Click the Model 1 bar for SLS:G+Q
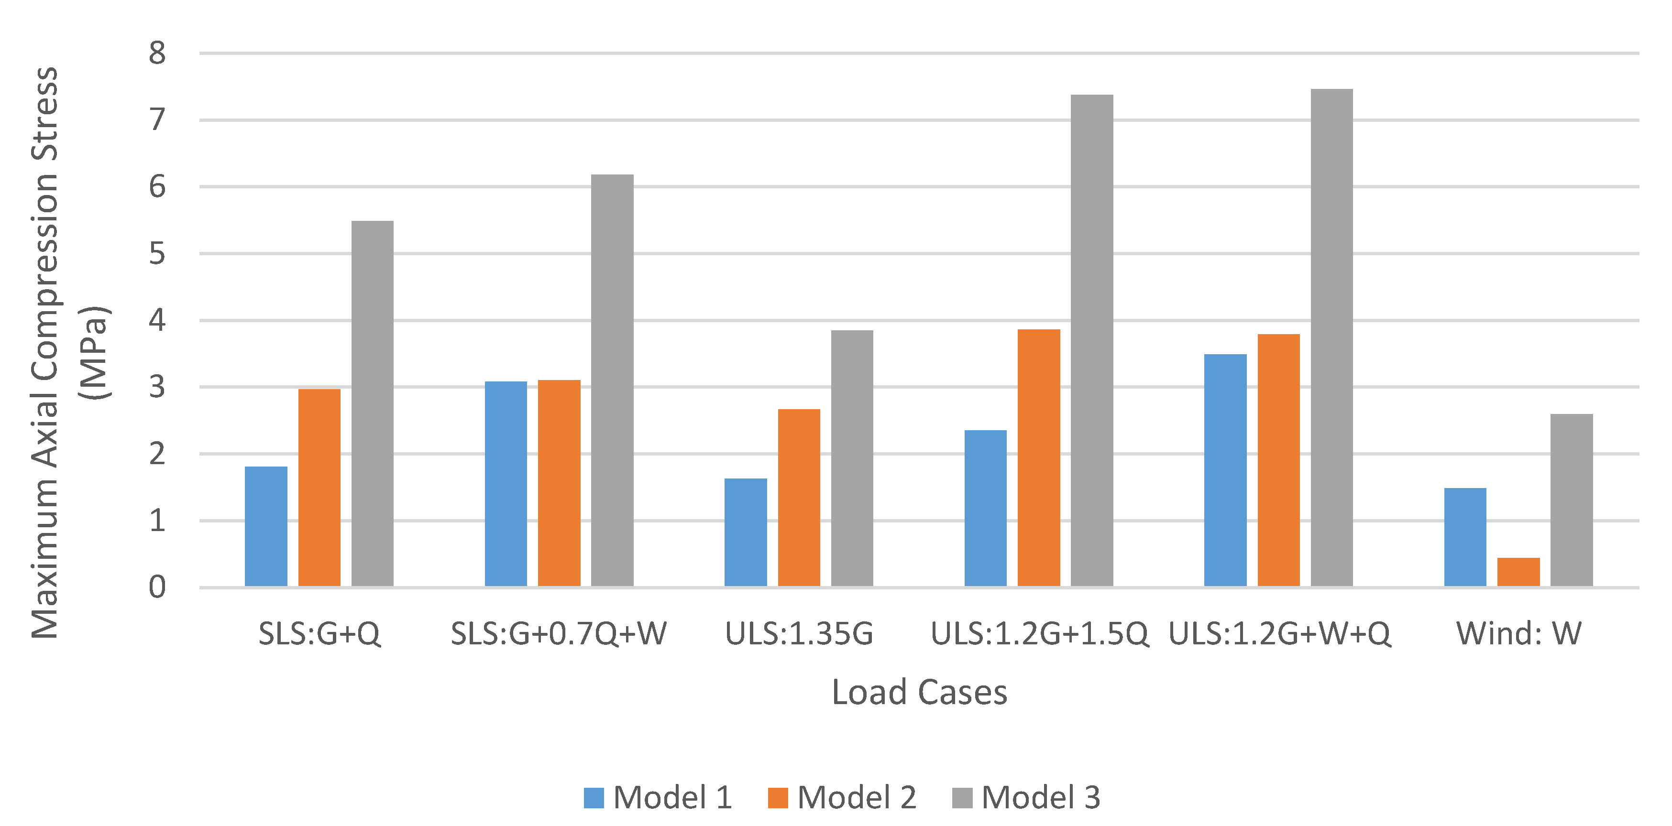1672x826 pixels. [x=265, y=526]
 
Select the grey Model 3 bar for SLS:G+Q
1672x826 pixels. [x=372, y=403]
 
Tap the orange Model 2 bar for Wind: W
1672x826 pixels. [x=1518, y=572]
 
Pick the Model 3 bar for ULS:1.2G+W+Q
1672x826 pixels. [x=1331, y=337]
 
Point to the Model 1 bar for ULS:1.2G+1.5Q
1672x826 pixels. [x=985, y=508]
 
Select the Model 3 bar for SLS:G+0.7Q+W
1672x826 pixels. [x=612, y=380]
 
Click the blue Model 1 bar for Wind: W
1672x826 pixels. [x=1465, y=537]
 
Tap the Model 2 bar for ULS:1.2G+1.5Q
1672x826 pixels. [x=1038, y=457]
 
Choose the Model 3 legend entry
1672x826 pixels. [x=1027, y=797]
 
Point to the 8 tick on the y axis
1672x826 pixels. [x=157, y=53]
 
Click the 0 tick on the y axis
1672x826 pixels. [x=157, y=587]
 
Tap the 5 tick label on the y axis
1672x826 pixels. [x=157, y=254]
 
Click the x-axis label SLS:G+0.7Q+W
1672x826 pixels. [x=559, y=634]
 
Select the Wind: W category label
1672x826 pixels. [x=1519, y=634]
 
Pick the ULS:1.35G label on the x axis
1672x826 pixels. [x=799, y=634]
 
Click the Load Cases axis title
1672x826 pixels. [x=919, y=692]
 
